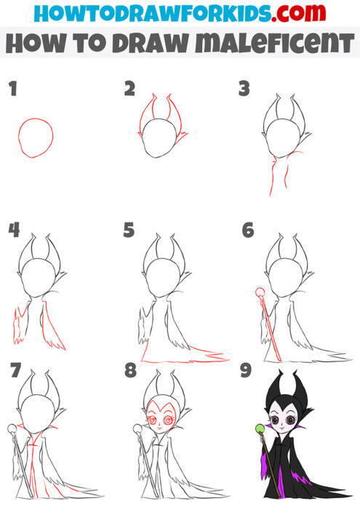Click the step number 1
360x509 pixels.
[12, 89]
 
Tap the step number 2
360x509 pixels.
[129, 89]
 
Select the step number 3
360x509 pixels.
[244, 89]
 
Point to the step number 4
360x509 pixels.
[13, 231]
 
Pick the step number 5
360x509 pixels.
[129, 231]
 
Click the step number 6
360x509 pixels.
[248, 231]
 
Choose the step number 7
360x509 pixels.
[12, 372]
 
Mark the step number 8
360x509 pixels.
[130, 372]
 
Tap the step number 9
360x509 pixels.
[246, 372]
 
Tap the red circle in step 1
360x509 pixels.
[36, 137]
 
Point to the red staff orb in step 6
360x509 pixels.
[260, 294]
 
